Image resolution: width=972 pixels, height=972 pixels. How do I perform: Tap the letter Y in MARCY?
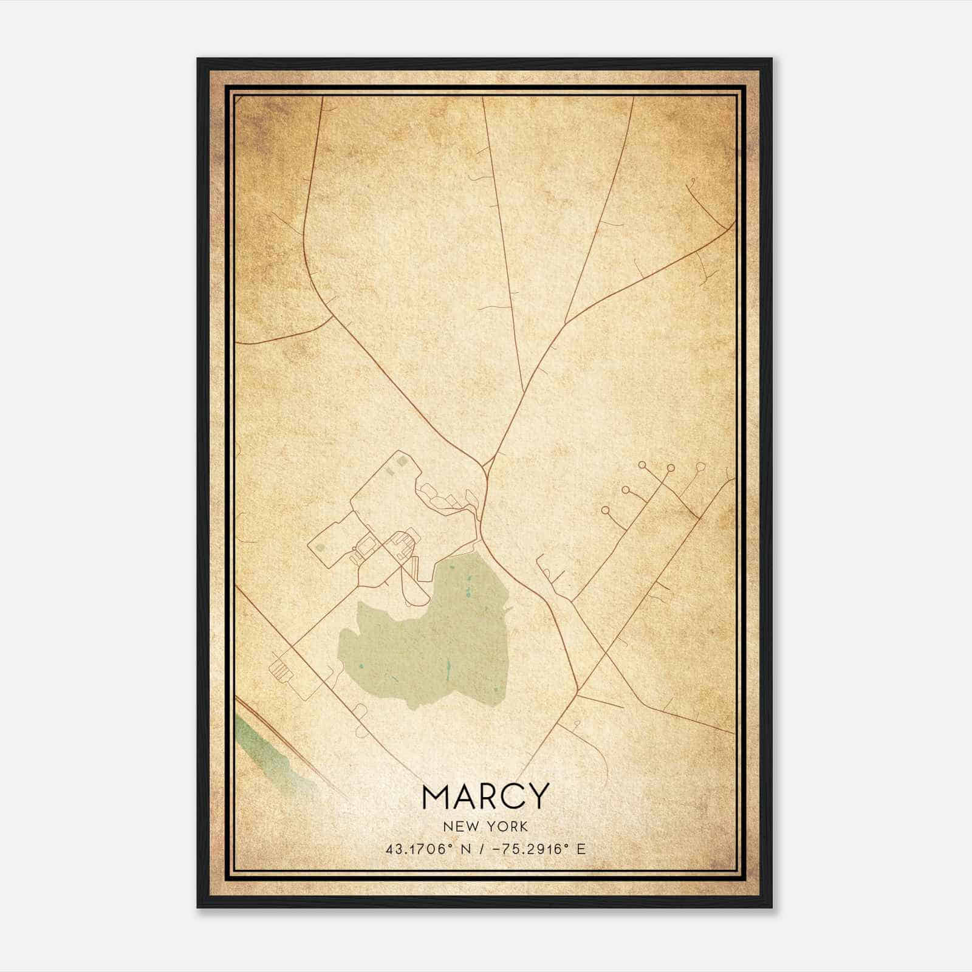point(537,796)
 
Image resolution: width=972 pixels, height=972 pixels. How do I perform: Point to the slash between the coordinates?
point(481,849)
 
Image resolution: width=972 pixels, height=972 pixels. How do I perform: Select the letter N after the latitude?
point(465,849)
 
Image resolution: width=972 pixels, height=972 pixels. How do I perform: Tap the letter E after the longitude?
point(581,849)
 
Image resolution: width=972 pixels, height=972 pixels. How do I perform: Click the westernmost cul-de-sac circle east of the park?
point(605,511)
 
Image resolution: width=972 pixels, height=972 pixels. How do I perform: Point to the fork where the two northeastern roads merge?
point(566,322)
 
